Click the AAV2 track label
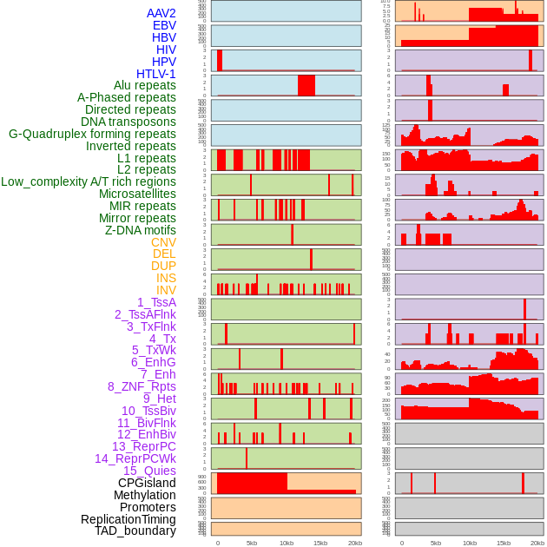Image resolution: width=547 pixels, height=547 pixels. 161,13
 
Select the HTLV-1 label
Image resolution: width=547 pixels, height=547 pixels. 155,74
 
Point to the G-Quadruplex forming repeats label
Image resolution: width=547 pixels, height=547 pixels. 92,134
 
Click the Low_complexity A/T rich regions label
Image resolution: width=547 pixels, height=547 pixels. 89,181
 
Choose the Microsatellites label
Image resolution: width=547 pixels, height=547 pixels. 137,194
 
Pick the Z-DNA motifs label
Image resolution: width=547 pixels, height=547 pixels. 140,230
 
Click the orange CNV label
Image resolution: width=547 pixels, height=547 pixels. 163,242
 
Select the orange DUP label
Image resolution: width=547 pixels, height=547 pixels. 163,266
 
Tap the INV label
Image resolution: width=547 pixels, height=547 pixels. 166,290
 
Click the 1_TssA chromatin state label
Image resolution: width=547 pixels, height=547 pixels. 156,302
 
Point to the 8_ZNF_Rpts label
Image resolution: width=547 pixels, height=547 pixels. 142,386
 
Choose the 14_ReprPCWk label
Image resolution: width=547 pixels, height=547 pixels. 135,458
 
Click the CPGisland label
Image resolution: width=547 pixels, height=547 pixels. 147,483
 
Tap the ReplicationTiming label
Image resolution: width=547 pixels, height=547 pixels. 129,519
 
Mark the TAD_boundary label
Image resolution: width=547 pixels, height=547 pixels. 135,531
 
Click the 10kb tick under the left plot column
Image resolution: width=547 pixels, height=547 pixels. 286,543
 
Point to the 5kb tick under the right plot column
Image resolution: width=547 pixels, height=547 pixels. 435,543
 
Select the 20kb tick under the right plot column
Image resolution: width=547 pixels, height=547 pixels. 537,543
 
